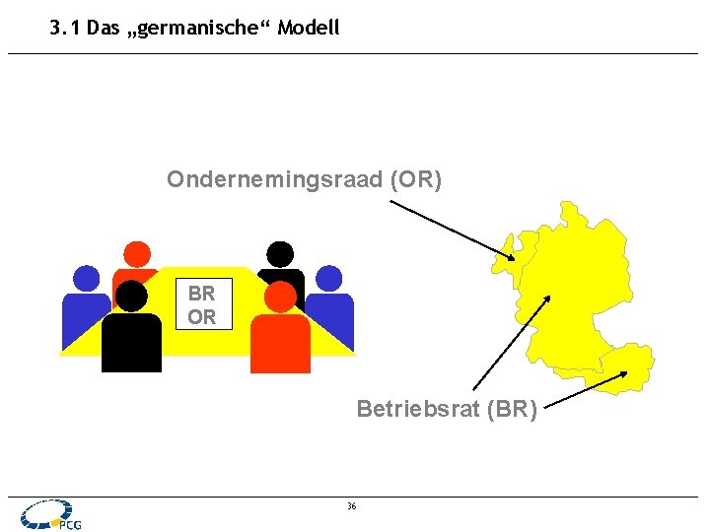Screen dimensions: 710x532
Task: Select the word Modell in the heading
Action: click(x=308, y=28)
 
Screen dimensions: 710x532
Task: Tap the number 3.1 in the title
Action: click(x=65, y=28)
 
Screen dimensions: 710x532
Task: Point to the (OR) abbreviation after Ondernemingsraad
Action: click(x=416, y=179)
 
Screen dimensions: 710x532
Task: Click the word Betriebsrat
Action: click(x=417, y=408)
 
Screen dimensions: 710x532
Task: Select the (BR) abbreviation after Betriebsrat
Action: click(x=511, y=408)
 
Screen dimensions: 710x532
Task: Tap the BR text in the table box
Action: click(x=201, y=294)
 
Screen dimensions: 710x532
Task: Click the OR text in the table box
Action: click(x=201, y=317)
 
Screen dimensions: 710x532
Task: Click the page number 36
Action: click(x=352, y=506)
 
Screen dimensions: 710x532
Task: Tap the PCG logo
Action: click(x=49, y=515)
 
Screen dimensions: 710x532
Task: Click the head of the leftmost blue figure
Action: click(x=87, y=279)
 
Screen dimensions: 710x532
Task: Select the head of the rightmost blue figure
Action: click(x=329, y=279)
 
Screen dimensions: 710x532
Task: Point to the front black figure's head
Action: click(x=131, y=297)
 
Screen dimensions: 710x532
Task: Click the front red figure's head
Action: click(x=281, y=297)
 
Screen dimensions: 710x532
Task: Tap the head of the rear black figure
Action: click(x=281, y=254)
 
